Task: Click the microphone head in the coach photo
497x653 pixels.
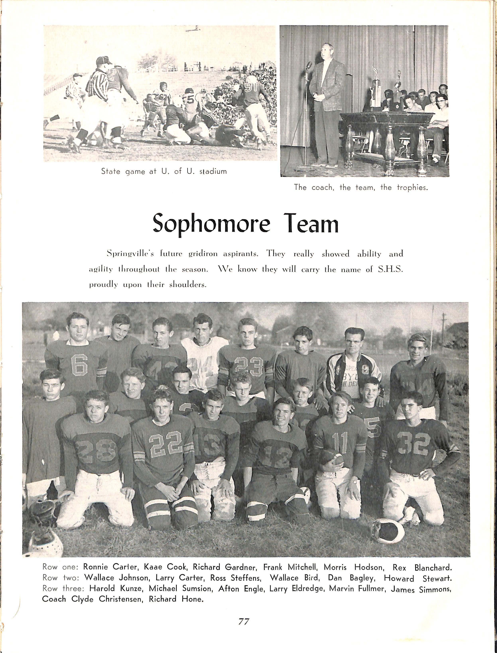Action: [x=309, y=64]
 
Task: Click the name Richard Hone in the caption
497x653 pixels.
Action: [x=176, y=599]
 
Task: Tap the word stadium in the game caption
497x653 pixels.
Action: [x=213, y=171]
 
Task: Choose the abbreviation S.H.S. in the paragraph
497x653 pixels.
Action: [x=391, y=269]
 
